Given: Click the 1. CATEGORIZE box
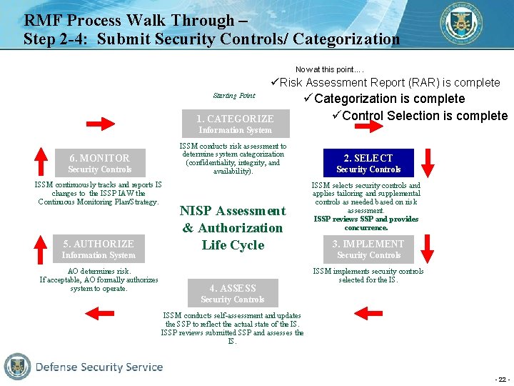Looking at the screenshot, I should [235, 124].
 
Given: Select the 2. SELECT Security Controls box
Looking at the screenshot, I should [368, 163].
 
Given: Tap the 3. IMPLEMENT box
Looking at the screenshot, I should [368, 249].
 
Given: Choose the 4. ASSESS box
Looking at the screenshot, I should [233, 293].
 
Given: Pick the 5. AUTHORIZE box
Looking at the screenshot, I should [99, 249].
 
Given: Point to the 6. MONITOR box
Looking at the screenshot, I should [99, 163].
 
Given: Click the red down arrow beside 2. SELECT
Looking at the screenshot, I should [428, 162].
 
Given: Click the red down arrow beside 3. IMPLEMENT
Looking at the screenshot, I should [428, 248].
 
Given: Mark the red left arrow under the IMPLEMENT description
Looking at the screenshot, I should [368, 312].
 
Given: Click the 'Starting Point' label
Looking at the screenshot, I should [233, 96].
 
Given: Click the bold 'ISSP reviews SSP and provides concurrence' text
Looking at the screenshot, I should [366, 223].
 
